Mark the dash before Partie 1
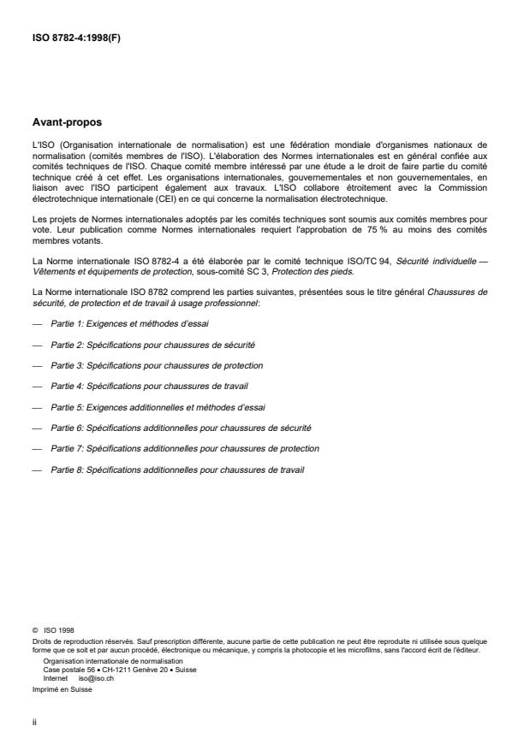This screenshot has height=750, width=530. (x=37, y=326)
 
